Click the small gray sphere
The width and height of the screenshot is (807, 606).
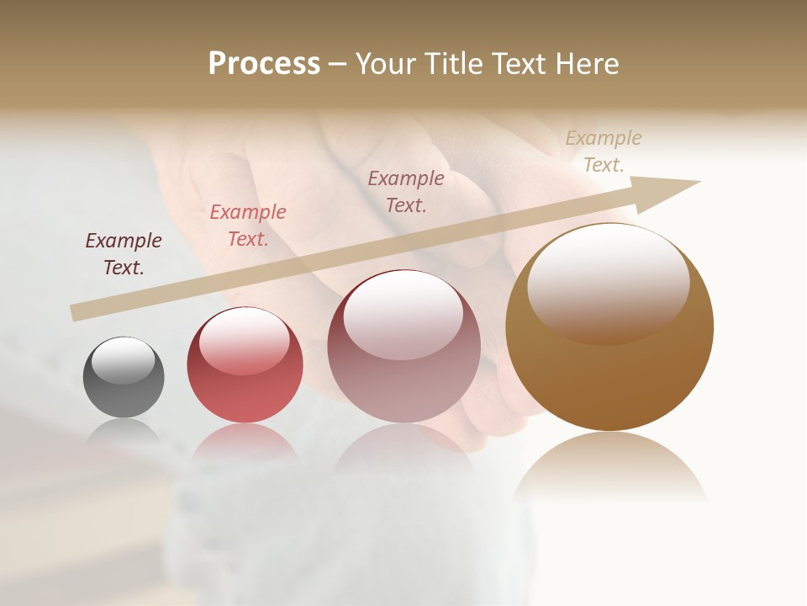124,377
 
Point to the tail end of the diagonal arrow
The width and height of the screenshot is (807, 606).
74,313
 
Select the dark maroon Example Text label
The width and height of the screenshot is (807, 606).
124,254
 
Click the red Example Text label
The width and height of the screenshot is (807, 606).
248,226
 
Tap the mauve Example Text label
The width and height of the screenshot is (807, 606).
406,191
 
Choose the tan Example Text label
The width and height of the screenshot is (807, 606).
604,151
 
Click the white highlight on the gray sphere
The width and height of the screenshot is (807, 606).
124,360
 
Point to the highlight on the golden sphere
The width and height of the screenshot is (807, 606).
609,282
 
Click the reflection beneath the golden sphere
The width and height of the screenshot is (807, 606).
609,467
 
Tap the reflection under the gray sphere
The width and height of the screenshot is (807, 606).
124,433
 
